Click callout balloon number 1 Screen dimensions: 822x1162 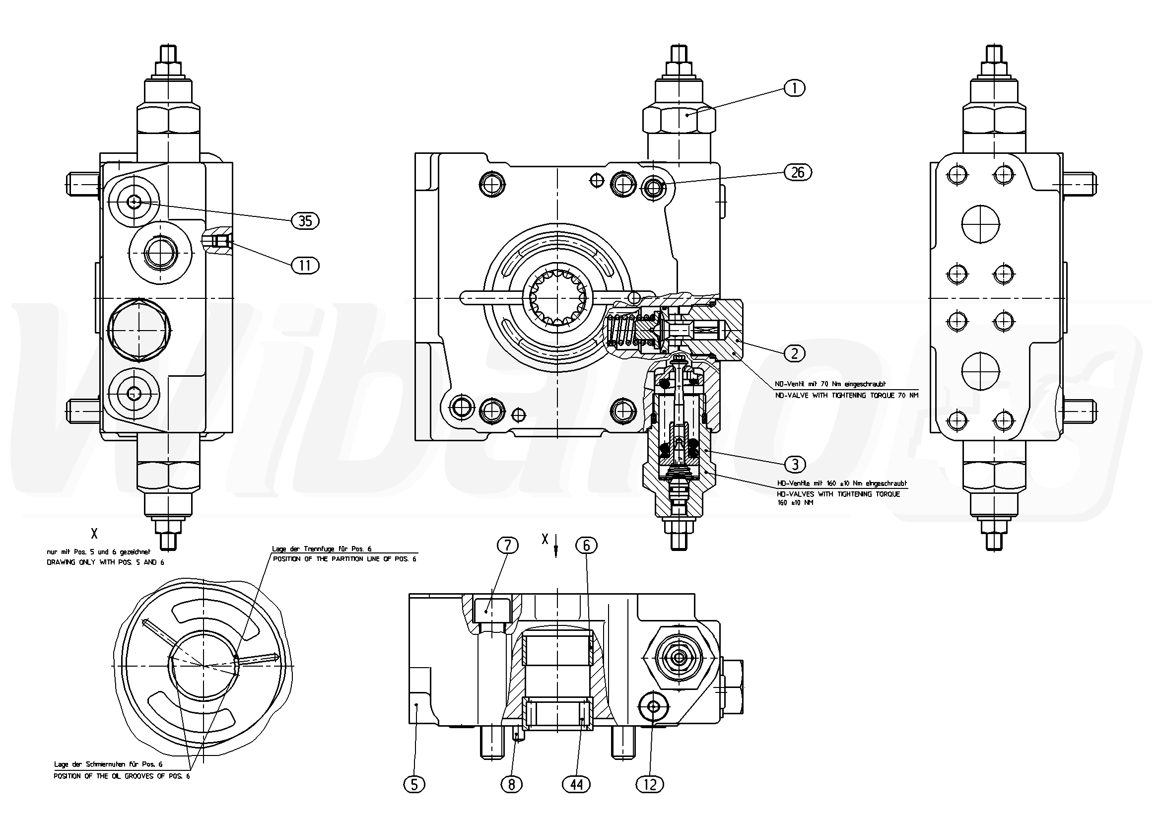(794, 88)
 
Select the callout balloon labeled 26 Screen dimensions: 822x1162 (797, 173)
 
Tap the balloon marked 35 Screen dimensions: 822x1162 (305, 221)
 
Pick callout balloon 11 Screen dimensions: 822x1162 (305, 265)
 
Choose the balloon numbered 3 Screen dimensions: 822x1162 (795, 464)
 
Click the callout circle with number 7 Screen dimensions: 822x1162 (508, 545)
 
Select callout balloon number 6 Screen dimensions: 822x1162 (587, 545)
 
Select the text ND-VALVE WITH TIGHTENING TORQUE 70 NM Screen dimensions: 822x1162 (846, 395)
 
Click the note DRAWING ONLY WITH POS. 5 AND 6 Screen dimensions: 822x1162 (105, 562)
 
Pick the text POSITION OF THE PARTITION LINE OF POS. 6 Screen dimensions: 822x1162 (344, 559)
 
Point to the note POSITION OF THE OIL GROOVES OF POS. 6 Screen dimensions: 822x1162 (122, 776)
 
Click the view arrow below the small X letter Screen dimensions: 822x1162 (556, 551)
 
